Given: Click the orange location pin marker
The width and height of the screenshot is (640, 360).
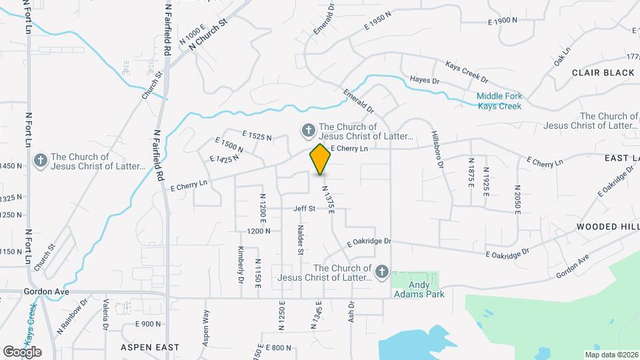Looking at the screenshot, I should click(x=320, y=159).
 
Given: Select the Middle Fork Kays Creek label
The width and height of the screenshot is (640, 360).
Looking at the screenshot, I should click(x=499, y=101).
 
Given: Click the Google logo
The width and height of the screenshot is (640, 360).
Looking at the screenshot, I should click(x=22, y=351).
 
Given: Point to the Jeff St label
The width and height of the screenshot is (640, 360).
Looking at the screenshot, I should click(x=304, y=209).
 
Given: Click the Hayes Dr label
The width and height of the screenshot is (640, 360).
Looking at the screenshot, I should click(x=425, y=81).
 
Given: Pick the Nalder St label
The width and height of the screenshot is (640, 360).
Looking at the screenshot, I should click(x=300, y=240).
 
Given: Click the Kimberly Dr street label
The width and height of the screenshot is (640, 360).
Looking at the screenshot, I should click(x=241, y=264).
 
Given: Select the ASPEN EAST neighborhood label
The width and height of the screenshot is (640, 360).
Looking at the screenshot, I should click(x=150, y=347).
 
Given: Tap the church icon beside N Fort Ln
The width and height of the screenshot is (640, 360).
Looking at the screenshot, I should click(x=40, y=160).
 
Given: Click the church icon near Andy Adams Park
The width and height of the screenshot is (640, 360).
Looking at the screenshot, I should click(x=381, y=271).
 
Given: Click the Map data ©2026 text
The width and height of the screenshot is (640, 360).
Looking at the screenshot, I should click(x=611, y=355).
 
